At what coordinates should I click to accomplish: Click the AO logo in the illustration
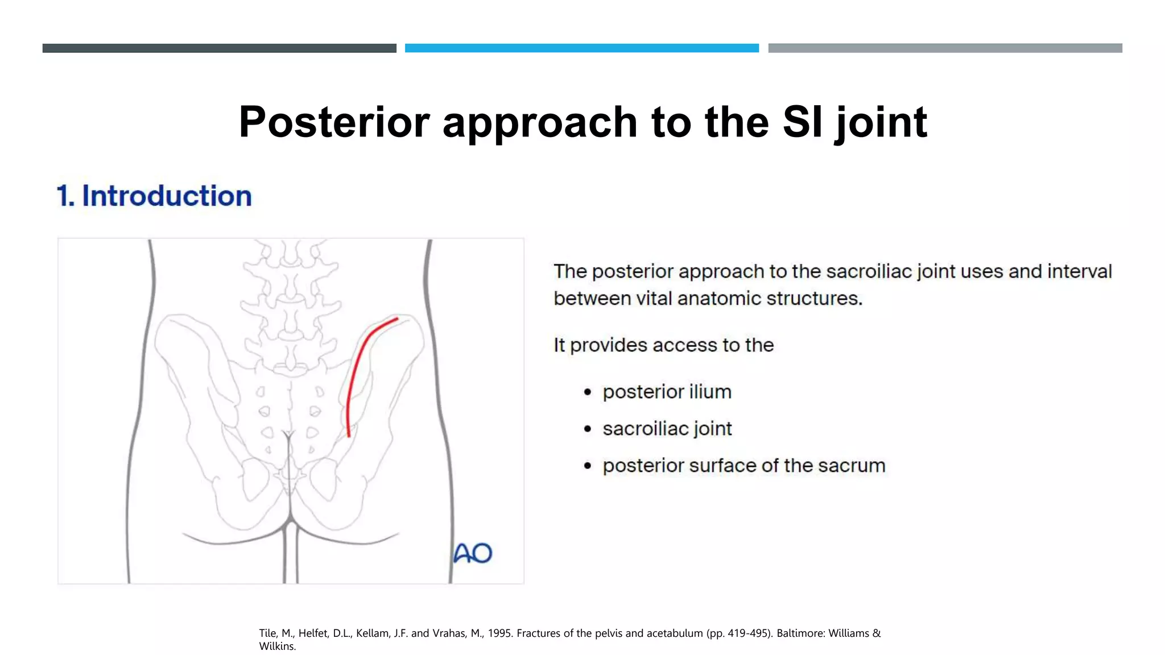(473, 553)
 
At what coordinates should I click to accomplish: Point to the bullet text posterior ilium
(667, 392)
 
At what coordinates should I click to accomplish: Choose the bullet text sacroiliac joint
(667, 429)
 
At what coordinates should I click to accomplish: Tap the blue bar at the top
(581, 48)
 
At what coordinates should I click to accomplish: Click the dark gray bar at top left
(219, 48)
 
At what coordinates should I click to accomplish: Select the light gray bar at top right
(945, 48)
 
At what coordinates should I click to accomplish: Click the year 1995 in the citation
(499, 633)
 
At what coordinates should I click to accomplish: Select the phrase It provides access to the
(663, 345)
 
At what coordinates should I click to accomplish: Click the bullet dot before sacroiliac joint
(588, 429)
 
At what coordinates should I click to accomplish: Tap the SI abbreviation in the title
(802, 122)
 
